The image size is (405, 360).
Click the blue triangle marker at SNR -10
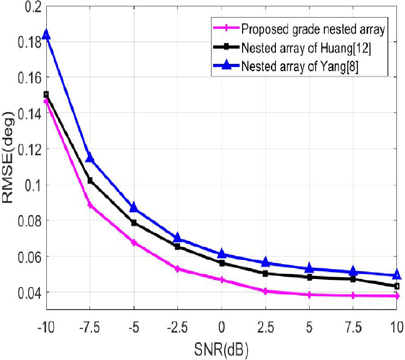46,35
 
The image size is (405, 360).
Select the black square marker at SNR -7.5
90,180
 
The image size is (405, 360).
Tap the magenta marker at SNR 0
222,280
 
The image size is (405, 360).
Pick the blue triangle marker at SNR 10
397,274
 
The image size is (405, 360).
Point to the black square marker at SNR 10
397,286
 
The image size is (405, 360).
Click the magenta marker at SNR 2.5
265,291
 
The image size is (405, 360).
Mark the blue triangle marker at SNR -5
134,207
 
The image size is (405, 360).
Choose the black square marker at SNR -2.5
178,247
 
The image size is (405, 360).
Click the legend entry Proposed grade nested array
312,30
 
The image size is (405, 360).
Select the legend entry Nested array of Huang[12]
306,48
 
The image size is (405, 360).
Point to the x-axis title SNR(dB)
221,348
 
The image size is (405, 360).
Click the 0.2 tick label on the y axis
31,7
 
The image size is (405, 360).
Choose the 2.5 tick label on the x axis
265,325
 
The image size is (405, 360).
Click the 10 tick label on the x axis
396,325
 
